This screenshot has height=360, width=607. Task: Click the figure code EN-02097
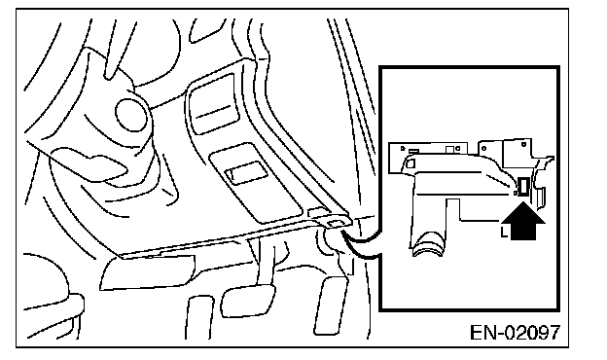point(515,332)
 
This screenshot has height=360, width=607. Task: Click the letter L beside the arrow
point(504,233)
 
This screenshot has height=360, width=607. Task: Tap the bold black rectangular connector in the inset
point(523,187)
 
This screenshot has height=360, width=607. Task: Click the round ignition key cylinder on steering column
point(131,115)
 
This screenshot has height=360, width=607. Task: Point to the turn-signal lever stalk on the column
point(89,167)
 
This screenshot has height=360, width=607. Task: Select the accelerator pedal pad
point(331,306)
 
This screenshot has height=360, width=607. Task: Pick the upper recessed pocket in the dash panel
point(212,104)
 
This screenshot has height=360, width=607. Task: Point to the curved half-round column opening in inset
point(430,243)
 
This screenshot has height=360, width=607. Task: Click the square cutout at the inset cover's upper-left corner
point(410,162)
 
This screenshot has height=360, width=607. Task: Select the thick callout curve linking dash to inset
point(362,244)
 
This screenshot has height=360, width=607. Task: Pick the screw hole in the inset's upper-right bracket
point(523,144)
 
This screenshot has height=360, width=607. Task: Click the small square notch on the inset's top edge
point(449,150)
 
